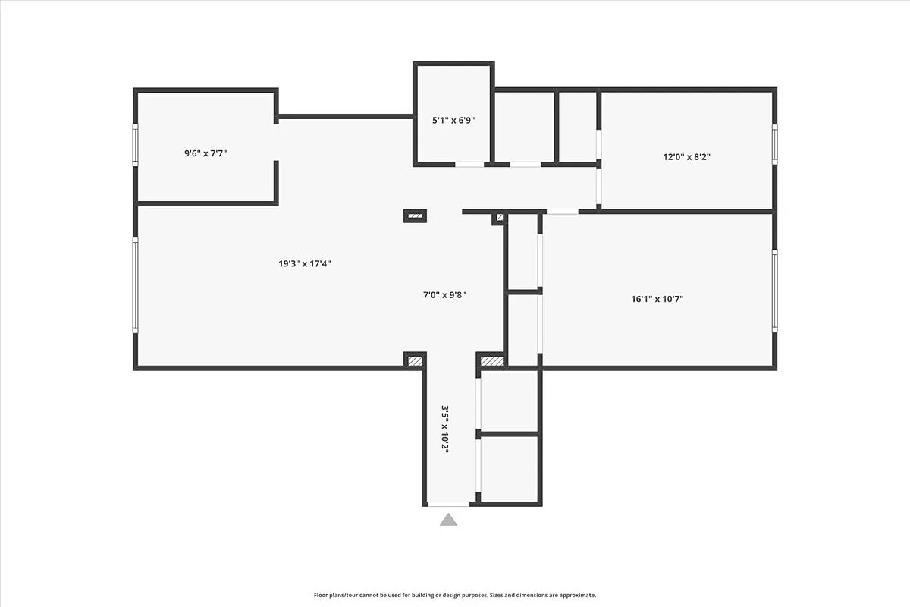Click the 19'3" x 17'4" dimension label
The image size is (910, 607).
click(304, 264)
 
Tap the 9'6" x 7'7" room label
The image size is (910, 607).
click(206, 153)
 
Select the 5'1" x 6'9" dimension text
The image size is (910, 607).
click(453, 120)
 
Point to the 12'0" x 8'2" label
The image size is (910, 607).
click(686, 157)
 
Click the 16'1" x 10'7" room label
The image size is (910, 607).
click(657, 299)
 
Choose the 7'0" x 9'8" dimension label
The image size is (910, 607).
click(444, 294)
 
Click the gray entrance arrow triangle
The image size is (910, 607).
click(449, 520)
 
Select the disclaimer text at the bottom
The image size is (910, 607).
click(455, 596)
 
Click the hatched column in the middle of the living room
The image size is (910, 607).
click(415, 215)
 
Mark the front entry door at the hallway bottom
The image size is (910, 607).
click(448, 504)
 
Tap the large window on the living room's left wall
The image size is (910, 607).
click(136, 286)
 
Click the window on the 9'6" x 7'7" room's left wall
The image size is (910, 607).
click(136, 145)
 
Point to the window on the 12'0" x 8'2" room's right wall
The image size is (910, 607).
click(774, 144)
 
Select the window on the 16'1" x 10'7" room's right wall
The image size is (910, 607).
click(774, 291)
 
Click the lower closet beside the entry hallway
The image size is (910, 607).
click(509, 468)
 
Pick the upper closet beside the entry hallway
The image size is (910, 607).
click(509, 401)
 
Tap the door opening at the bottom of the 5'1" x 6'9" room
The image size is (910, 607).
click(469, 164)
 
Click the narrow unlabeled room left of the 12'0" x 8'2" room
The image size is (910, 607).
click(577, 126)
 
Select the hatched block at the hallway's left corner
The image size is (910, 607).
click(415, 360)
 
